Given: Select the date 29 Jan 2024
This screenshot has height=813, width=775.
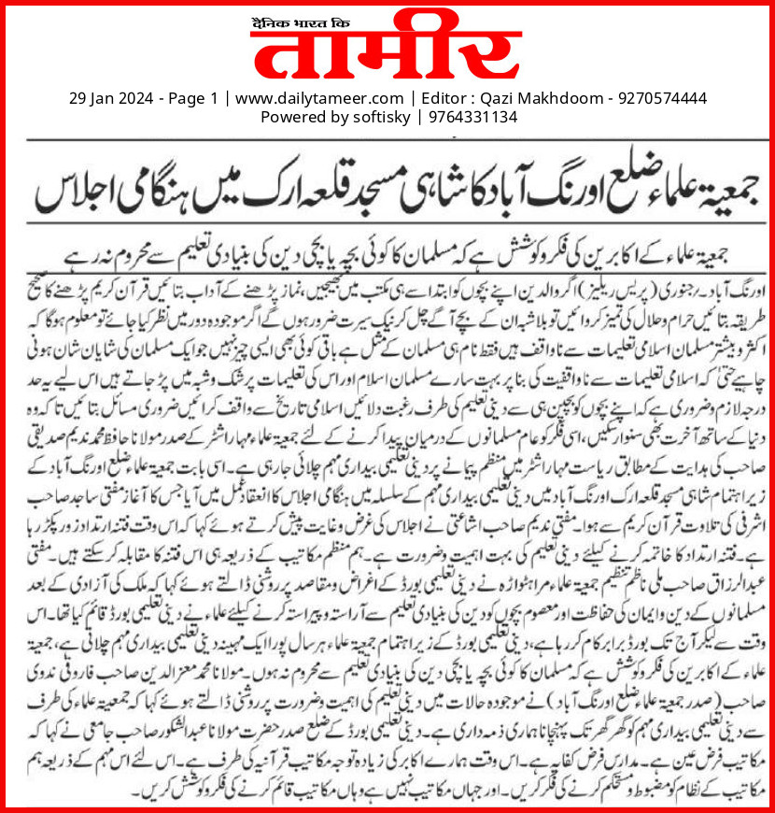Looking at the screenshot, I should pyautogui.click(x=109, y=98).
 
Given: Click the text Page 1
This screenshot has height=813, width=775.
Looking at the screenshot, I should pyautogui.click(x=192, y=98).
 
